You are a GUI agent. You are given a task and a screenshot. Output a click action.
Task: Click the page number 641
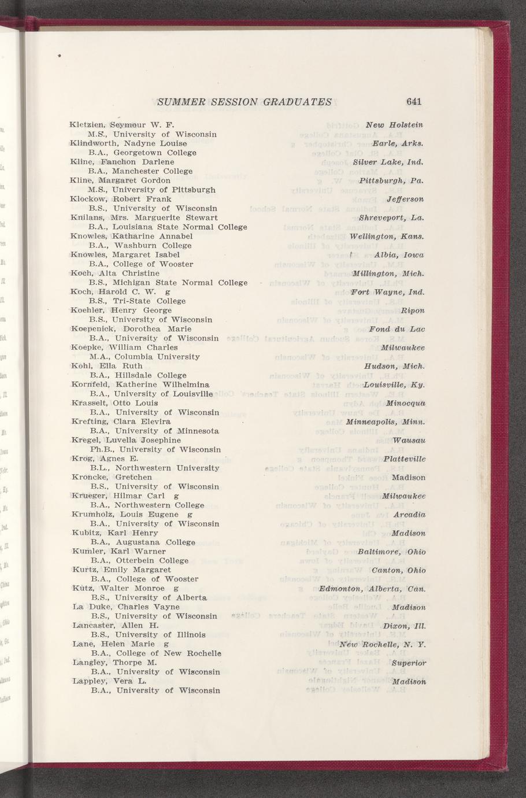click(414, 102)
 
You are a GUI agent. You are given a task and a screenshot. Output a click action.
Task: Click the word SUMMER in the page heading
click(180, 102)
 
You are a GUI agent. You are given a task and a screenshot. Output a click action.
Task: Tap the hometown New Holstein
click(395, 125)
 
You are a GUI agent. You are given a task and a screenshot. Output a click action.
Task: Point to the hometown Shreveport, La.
click(392, 218)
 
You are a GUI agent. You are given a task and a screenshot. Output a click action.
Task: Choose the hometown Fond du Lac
click(397, 329)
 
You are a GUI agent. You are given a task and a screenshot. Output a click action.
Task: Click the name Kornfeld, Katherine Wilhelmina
click(140, 385)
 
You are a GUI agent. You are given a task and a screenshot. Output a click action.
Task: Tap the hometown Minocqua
click(406, 403)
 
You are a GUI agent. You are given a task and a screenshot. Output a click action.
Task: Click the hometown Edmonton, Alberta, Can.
click(372, 589)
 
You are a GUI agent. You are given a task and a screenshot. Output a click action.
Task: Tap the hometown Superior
click(409, 663)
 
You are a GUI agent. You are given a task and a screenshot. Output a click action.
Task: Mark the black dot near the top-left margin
click(59, 56)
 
